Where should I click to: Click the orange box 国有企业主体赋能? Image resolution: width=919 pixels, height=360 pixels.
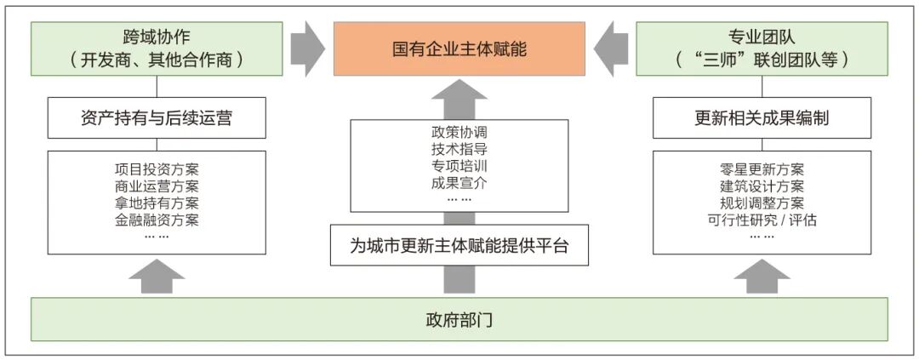pos(459,49)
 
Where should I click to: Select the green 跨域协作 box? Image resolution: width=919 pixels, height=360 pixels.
pos(157,49)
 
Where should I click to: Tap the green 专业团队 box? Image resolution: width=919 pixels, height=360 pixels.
pos(762,49)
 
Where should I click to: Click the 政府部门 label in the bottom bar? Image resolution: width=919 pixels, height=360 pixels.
pos(459,320)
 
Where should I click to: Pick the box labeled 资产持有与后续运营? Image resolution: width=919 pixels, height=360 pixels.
pos(157,117)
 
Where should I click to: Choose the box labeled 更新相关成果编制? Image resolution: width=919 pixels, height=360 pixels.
pos(762,117)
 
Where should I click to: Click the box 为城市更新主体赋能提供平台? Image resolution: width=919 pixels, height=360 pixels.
pos(459,245)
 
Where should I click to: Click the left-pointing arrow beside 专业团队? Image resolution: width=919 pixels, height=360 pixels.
pos(611,49)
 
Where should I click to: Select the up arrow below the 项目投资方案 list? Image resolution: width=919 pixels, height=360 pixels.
pos(157,276)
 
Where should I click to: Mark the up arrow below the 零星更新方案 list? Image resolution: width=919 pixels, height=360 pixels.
pos(762,276)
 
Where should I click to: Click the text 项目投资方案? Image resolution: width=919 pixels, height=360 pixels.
pos(157,170)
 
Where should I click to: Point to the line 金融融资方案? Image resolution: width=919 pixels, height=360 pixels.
pos(157,220)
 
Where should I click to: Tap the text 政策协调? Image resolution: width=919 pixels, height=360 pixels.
pos(459,132)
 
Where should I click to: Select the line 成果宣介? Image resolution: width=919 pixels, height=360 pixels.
pos(459,183)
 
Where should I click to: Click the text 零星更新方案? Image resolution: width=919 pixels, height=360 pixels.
pos(762,170)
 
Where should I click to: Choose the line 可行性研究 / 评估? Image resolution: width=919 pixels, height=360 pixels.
pos(762,220)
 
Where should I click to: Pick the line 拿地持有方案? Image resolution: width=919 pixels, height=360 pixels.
pos(157,203)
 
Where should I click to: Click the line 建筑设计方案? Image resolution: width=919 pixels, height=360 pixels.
pos(762,187)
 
